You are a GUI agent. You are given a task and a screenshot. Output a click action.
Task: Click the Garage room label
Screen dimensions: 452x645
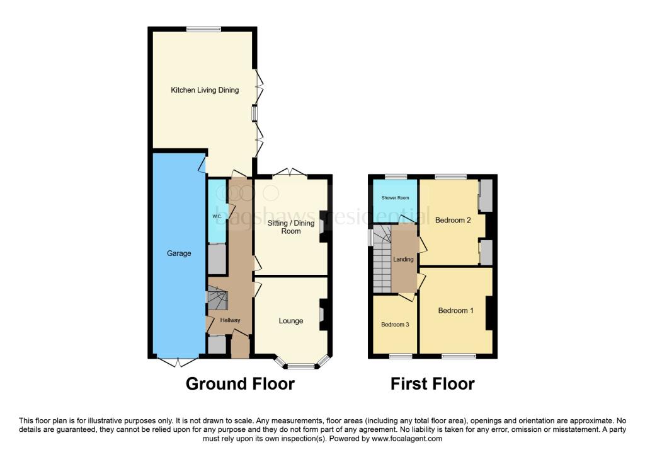point(180,253)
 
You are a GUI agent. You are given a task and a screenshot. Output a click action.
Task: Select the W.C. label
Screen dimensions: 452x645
point(217,216)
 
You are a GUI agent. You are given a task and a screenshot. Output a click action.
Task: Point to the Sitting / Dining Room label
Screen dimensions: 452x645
point(290,227)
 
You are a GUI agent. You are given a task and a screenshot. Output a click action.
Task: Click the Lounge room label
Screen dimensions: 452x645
point(291,321)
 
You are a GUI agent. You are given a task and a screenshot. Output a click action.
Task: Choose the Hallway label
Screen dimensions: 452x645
point(230,321)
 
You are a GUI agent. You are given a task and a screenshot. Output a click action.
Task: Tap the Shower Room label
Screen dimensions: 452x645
point(394,198)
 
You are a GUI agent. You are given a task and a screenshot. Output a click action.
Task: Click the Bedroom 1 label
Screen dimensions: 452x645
point(457,311)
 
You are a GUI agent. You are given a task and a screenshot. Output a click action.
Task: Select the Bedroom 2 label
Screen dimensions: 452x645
point(453,220)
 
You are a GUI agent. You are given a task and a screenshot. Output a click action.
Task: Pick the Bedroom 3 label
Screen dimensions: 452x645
point(394,325)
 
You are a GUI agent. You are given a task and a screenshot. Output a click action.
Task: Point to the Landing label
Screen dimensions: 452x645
point(404,259)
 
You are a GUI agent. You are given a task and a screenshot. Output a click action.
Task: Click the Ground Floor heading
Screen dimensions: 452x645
point(240,383)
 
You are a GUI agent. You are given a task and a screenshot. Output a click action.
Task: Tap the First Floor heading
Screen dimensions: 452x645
point(432,383)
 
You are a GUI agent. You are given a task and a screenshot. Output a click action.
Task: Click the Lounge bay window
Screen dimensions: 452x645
point(302,365)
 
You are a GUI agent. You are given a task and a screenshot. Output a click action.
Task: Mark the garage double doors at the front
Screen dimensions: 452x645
point(177,361)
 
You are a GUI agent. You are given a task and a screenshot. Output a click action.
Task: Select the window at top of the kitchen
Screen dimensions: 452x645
point(203,28)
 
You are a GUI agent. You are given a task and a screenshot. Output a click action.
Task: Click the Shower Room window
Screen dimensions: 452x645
point(396,177)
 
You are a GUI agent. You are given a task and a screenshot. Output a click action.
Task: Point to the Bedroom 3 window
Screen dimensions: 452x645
point(400,357)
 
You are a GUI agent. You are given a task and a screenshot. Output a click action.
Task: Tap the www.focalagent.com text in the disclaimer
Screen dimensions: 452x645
point(407,439)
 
